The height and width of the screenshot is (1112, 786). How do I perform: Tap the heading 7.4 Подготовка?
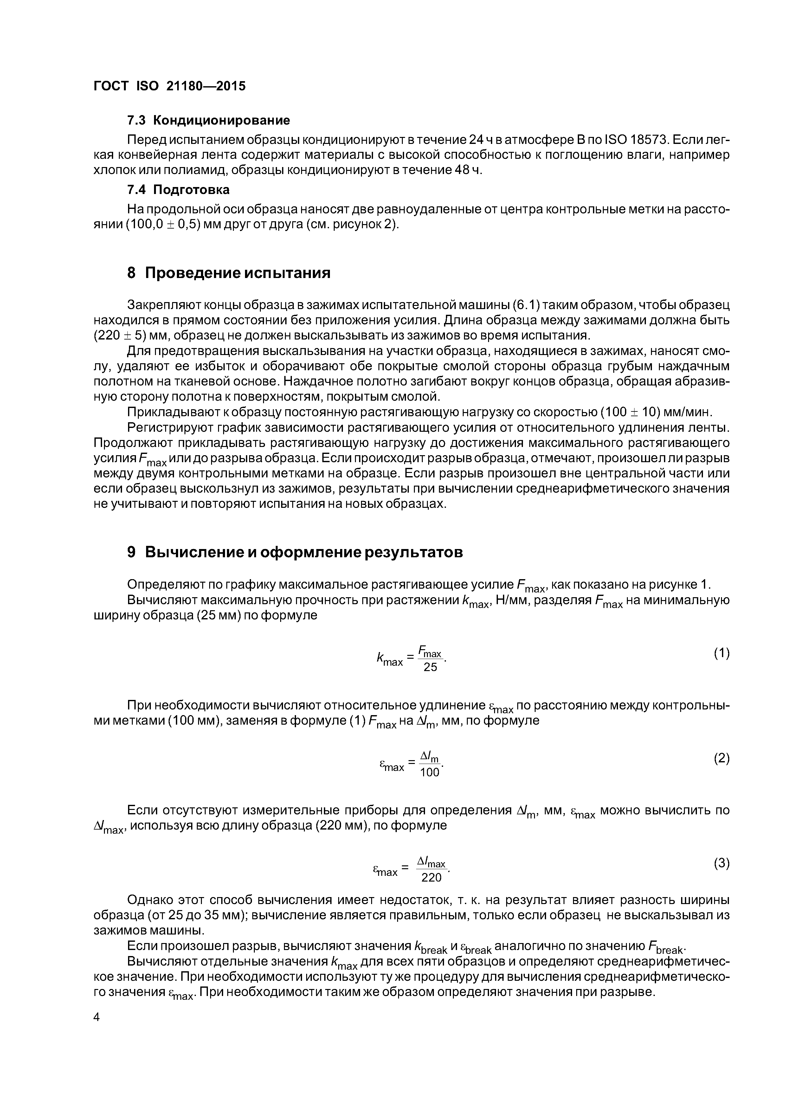tap(178, 189)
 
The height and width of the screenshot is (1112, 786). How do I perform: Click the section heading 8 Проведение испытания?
tap(229, 273)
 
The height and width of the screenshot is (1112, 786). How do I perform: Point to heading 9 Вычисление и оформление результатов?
tap(295, 552)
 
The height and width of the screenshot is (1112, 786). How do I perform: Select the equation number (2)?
tap(721, 759)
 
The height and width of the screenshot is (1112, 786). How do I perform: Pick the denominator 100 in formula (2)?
tap(429, 773)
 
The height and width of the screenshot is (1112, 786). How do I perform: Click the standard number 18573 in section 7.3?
tap(647, 140)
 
